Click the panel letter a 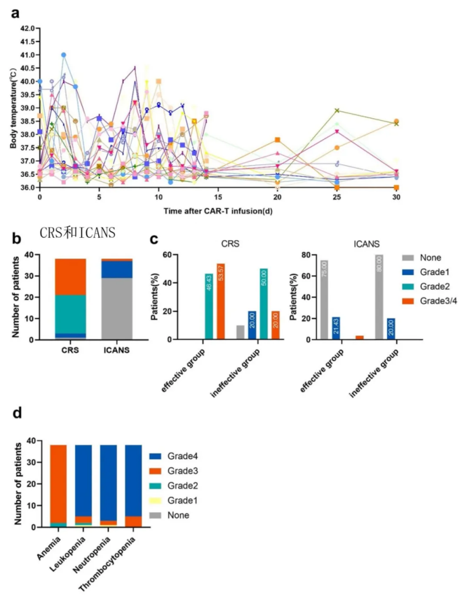tap(17, 13)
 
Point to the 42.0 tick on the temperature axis tap(27, 28)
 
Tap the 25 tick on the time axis tap(337, 196)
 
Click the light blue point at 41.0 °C tap(64, 55)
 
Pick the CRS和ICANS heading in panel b tap(77, 233)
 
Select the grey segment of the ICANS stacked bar tap(117, 308)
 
